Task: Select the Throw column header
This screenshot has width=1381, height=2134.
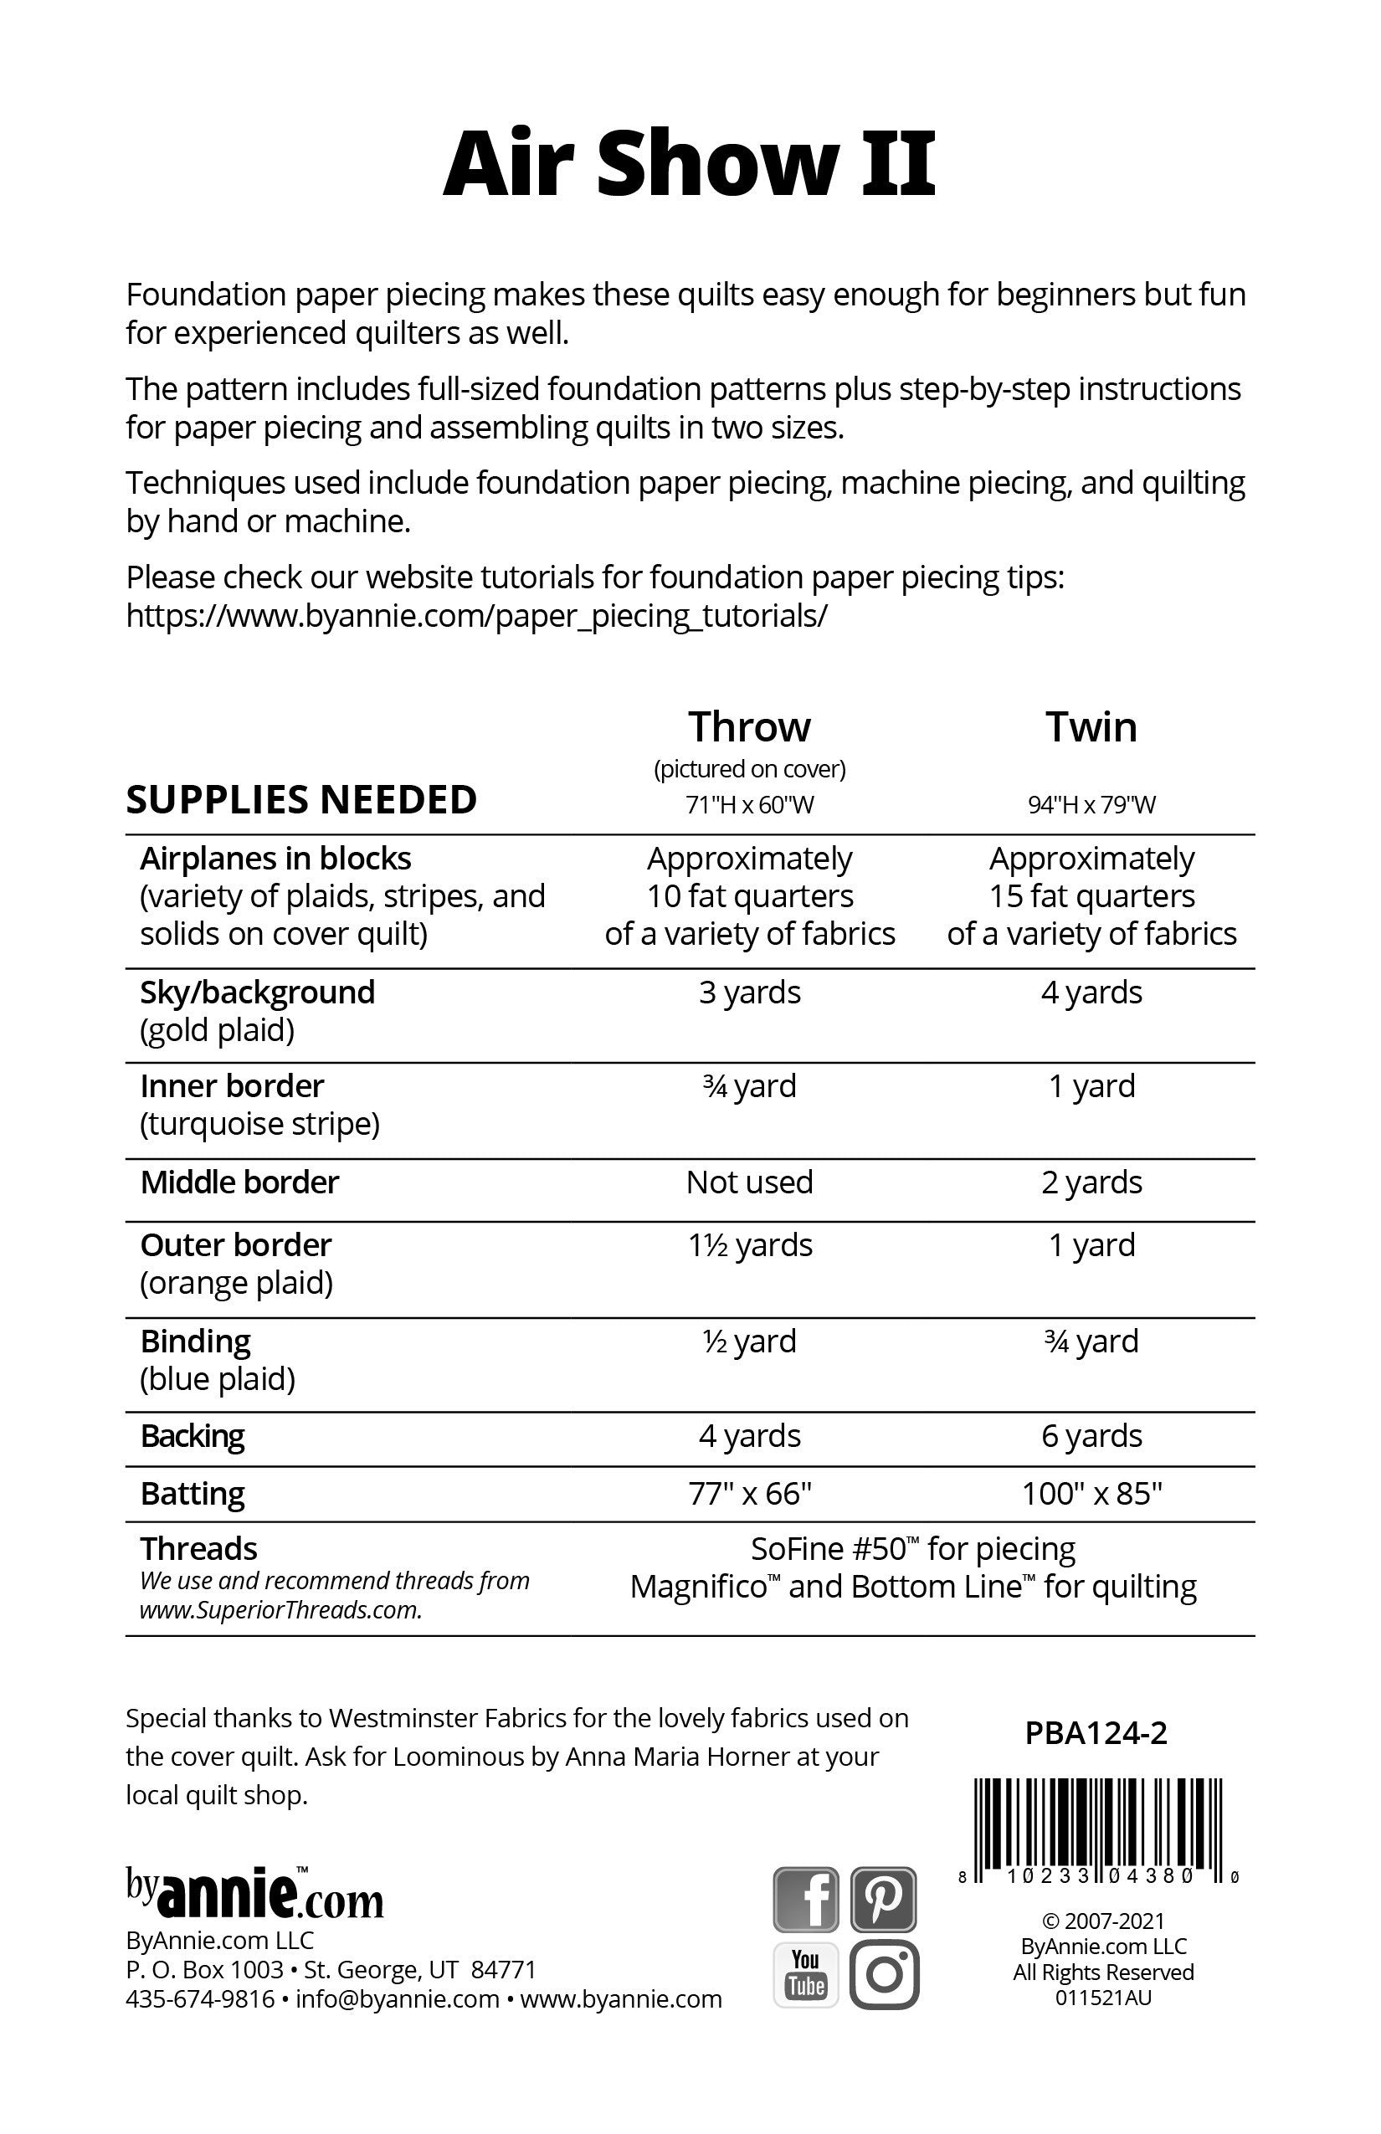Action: [749, 727]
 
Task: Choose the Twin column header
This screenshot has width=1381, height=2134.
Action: [1091, 727]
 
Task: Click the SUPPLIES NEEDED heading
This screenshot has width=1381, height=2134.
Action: [301, 800]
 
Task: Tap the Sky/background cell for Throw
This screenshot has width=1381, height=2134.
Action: [750, 993]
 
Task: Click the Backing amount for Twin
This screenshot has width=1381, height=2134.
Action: [1091, 1435]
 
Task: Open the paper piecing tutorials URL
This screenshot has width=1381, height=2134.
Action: [476, 616]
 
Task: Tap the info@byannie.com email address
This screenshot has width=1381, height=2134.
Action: [397, 1998]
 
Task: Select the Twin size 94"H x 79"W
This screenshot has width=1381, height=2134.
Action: [1091, 804]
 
